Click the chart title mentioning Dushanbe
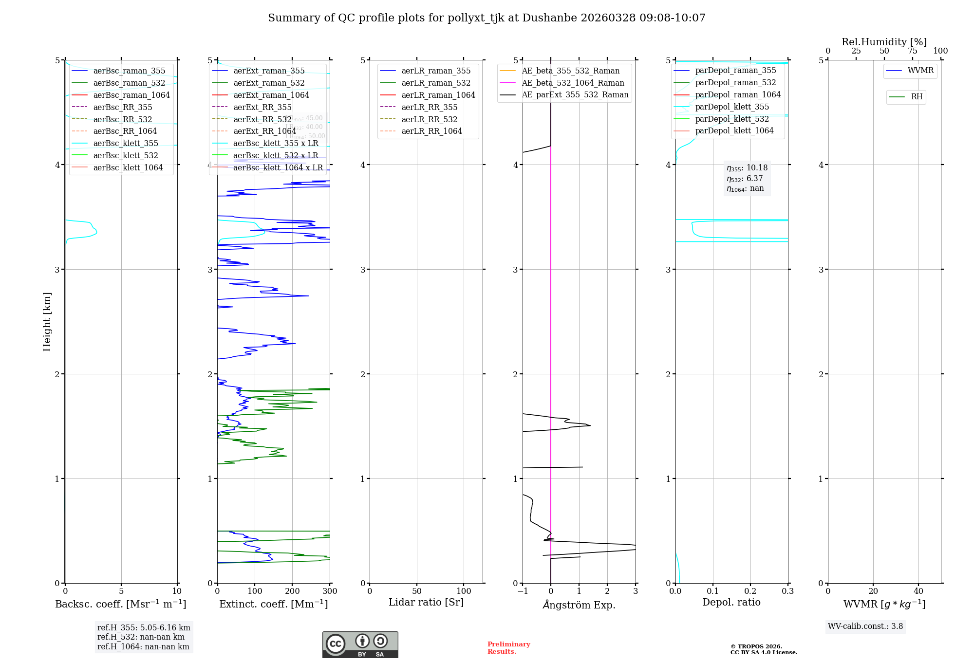[487, 18]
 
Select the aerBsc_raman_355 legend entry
[129, 71]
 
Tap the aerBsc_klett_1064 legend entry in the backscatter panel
[128, 168]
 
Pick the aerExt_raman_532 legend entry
[269, 83]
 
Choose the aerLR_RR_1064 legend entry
[431, 131]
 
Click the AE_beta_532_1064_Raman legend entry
[573, 83]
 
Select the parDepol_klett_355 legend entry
[732, 107]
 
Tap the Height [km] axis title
[47, 321]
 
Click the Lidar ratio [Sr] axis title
[426, 603]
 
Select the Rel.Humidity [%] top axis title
[884, 42]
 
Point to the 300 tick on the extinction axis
[330, 591]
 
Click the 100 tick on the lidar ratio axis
[464, 591]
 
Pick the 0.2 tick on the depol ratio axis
[750, 591]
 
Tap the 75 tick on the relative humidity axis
[913, 51]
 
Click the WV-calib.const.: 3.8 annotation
[865, 626]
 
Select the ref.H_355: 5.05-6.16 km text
[144, 628]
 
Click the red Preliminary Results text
[508, 648]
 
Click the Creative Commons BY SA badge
[360, 645]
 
